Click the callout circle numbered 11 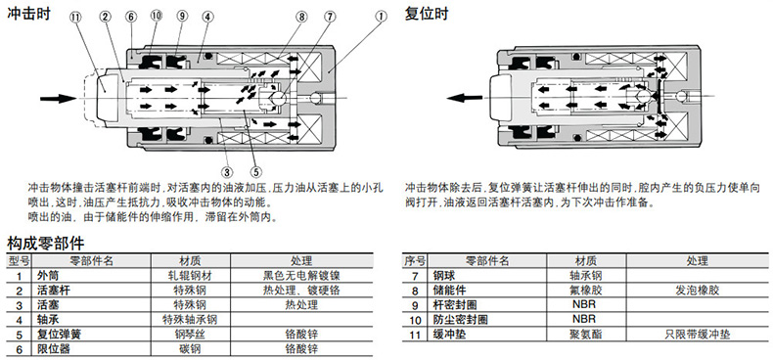pyautogui.click(x=76, y=17)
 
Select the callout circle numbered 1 pyautogui.click(x=381, y=17)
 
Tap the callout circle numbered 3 pyautogui.click(x=226, y=172)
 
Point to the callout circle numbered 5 pyautogui.click(x=255, y=172)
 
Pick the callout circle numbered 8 pyautogui.click(x=301, y=17)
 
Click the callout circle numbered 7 pyautogui.click(x=330, y=17)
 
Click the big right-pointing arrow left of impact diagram pyautogui.click(x=58, y=99)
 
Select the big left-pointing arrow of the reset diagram pyautogui.click(x=465, y=98)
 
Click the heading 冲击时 pyautogui.click(x=28, y=13)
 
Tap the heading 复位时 pyautogui.click(x=427, y=13)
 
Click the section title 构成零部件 pyautogui.click(x=46, y=244)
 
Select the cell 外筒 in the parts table pyautogui.click(x=48, y=275)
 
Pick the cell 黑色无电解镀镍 pyautogui.click(x=301, y=275)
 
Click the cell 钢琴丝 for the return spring pyautogui.click(x=190, y=335)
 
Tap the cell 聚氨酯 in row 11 pyautogui.click(x=586, y=335)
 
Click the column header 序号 pyautogui.click(x=414, y=260)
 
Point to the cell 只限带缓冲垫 pyautogui.click(x=697, y=335)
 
